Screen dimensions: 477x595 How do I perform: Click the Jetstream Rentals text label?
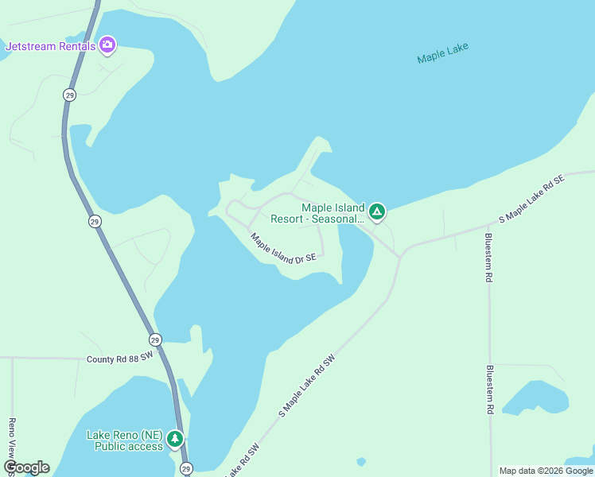point(50,46)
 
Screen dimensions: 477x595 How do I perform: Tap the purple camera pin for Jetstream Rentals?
point(107,45)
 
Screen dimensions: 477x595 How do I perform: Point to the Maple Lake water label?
point(443,53)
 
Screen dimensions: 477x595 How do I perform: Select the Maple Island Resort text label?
point(317,213)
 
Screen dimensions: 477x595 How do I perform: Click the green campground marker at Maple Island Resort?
point(377,211)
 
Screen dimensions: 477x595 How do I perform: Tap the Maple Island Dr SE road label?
point(283,248)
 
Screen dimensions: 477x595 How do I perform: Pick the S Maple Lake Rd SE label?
point(531,198)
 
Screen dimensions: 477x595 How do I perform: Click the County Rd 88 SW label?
point(119,359)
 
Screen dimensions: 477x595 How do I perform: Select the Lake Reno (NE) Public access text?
point(125,440)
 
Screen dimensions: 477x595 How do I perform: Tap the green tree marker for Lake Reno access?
point(175,438)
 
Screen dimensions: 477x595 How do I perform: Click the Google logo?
point(26,467)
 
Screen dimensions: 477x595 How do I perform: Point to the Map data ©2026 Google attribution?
point(546,471)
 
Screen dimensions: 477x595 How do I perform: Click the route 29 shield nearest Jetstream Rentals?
point(70,95)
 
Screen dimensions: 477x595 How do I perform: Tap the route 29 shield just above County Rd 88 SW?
point(155,339)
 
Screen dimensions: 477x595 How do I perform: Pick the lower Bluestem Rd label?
point(489,390)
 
